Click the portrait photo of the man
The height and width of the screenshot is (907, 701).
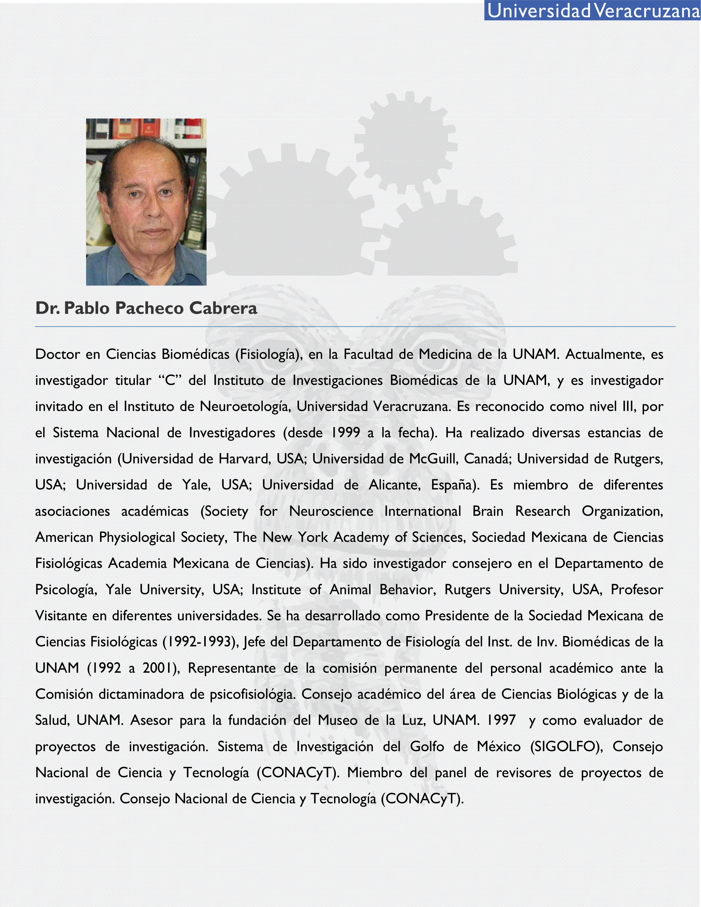[146, 202]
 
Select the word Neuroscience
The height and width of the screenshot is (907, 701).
[331, 511]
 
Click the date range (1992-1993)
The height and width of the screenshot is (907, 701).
[200, 642]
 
